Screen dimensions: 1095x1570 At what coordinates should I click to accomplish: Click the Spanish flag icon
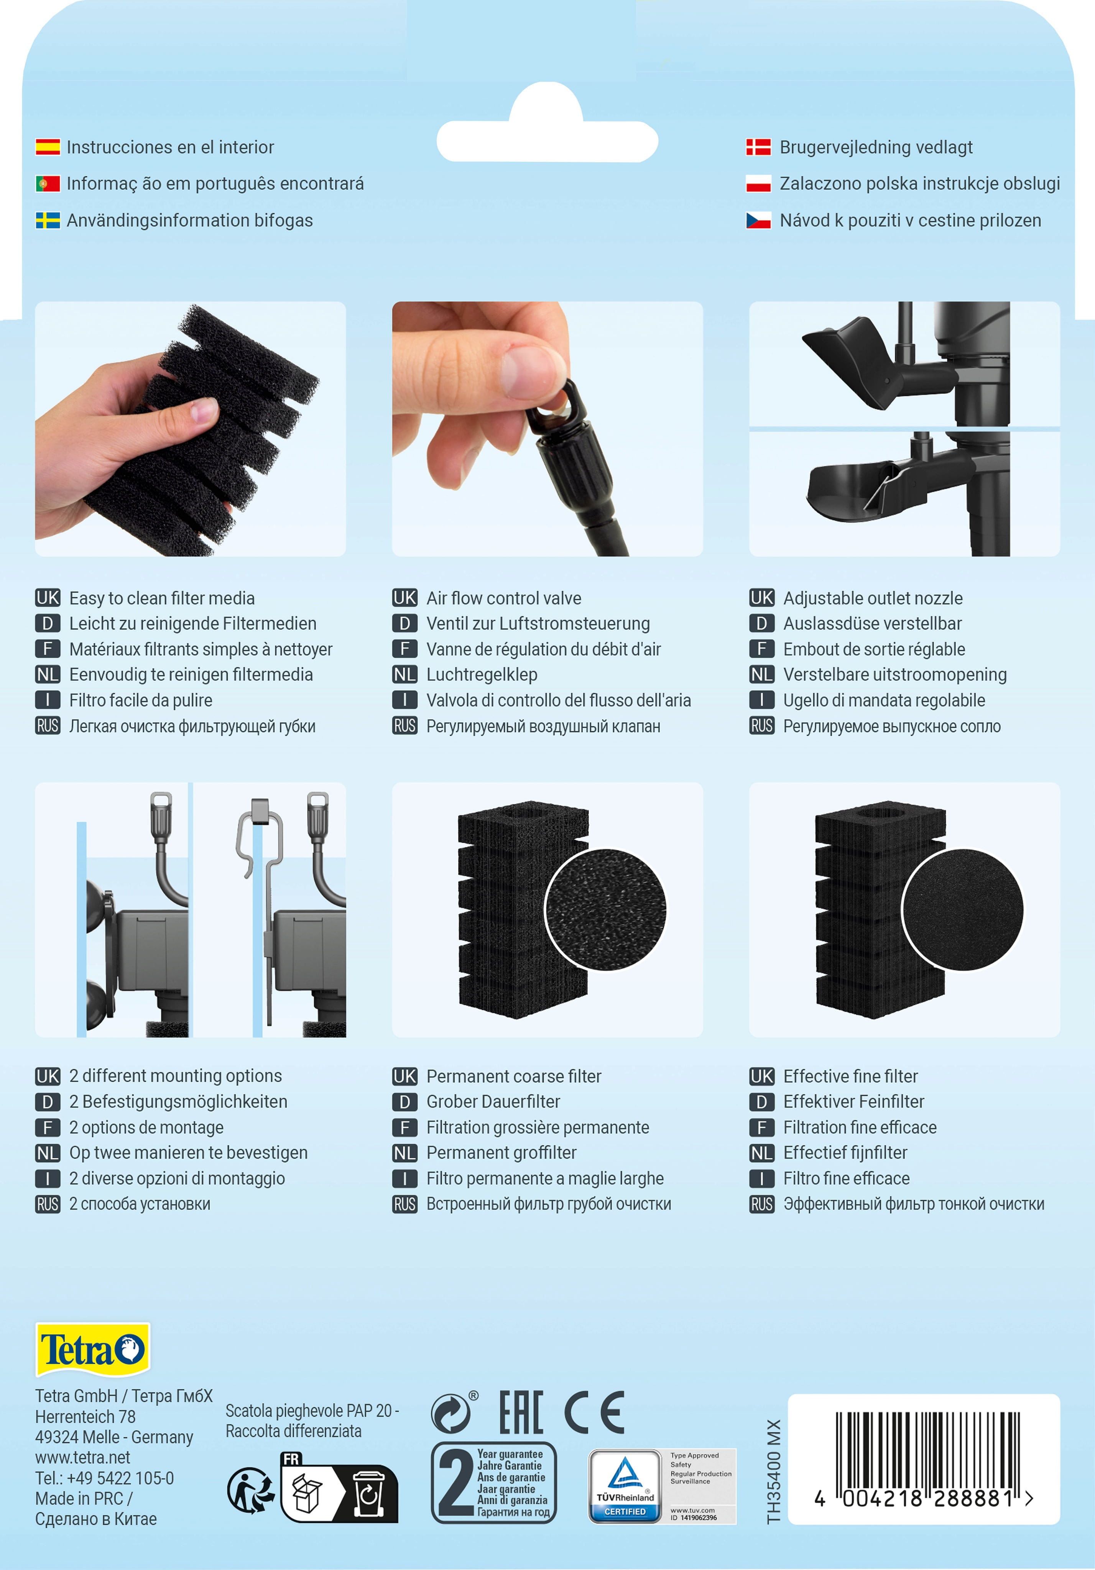[x=48, y=147]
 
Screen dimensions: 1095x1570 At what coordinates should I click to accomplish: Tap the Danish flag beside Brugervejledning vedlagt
[x=758, y=147]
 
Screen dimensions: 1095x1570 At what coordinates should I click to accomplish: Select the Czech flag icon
[x=758, y=220]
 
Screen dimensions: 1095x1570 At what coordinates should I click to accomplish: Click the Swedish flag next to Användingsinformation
[x=48, y=220]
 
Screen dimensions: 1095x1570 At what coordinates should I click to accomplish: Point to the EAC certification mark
[x=521, y=1412]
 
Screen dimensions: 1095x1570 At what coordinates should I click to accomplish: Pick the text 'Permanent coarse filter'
[x=514, y=1076]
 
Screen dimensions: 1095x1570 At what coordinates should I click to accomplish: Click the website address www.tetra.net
[x=83, y=1457]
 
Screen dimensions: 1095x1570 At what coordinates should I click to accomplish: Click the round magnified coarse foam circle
[x=605, y=909]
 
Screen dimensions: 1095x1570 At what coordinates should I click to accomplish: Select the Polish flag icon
[x=758, y=183]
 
